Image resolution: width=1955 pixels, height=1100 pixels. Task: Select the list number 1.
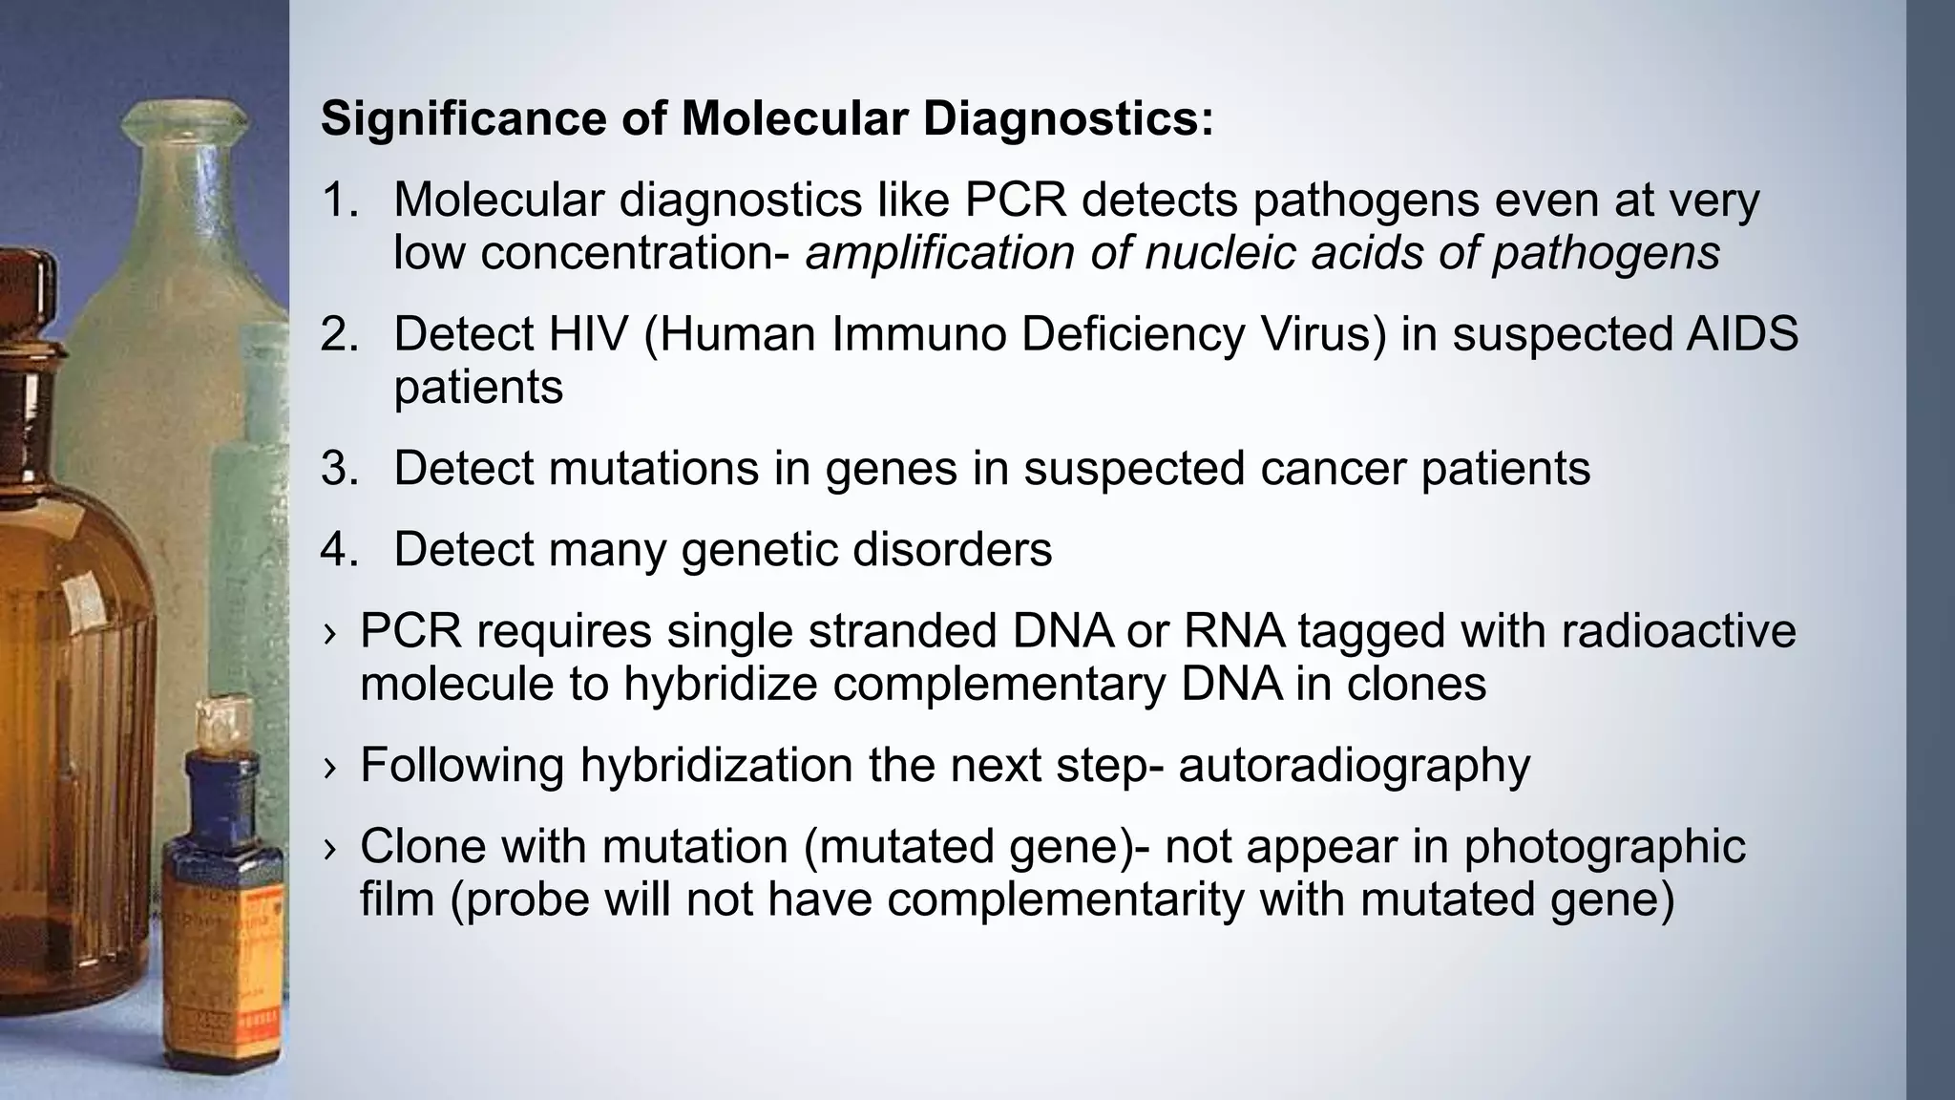[x=338, y=201]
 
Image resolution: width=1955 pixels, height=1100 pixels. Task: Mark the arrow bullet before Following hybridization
[x=329, y=768]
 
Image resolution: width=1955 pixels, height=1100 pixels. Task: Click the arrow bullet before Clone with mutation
[x=329, y=849]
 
